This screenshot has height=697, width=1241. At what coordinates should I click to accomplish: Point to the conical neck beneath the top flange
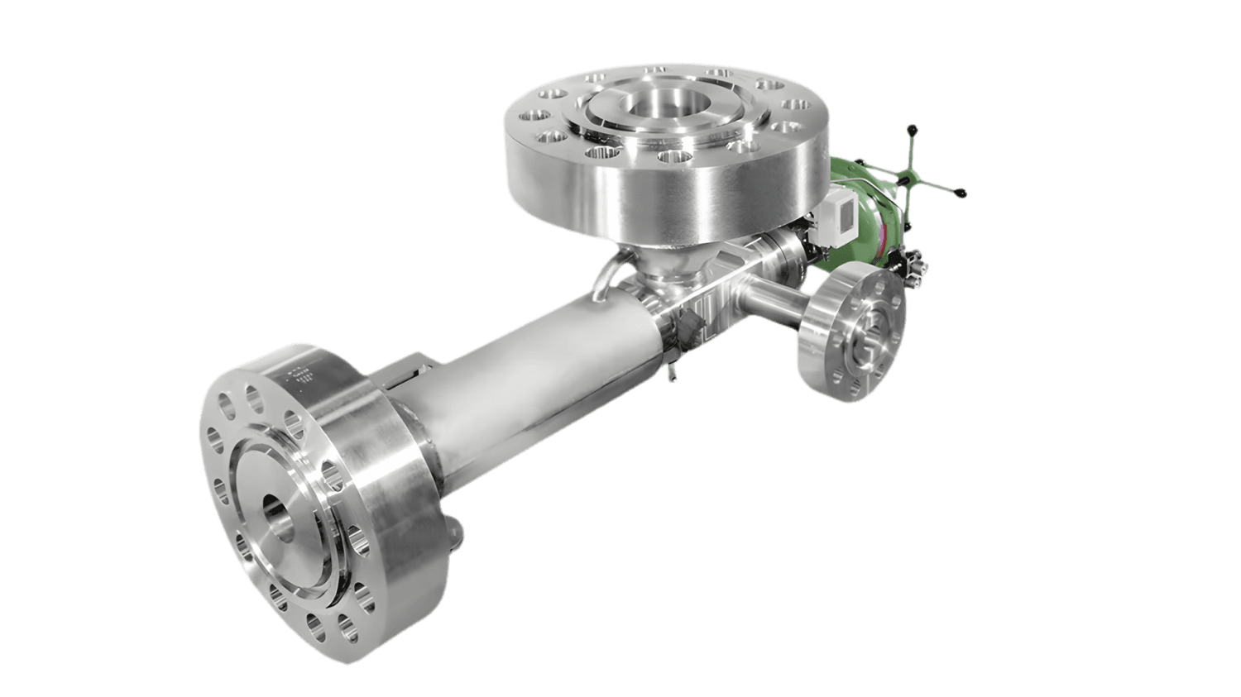tap(662, 260)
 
